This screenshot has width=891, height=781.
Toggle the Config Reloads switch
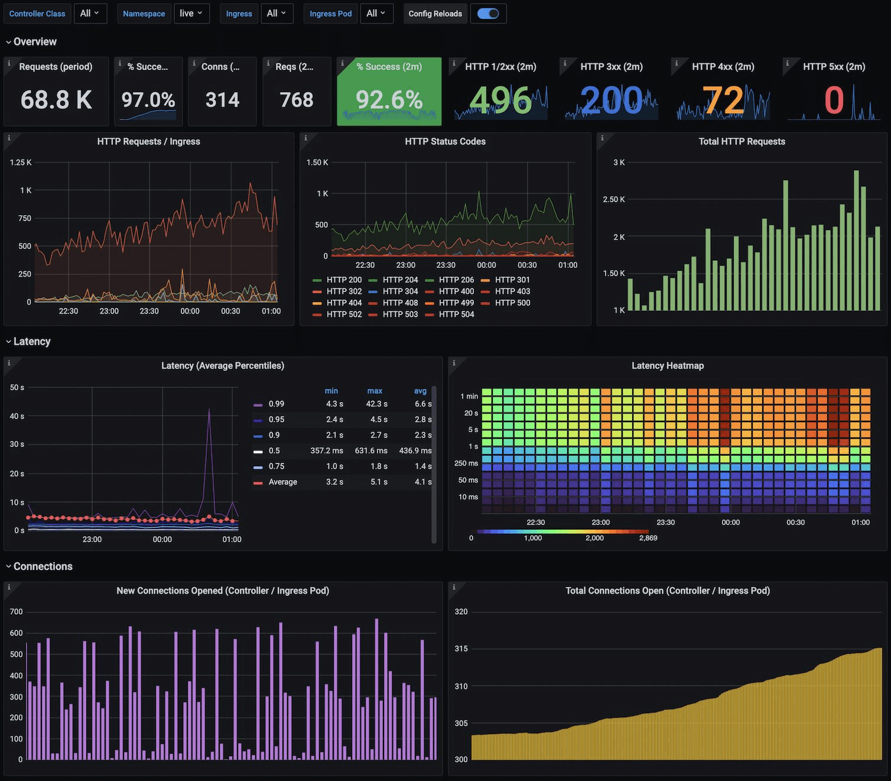[x=488, y=14]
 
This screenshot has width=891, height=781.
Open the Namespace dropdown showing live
[x=191, y=14]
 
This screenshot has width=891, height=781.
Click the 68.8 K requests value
[x=56, y=100]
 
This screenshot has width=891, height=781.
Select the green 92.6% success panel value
[x=389, y=100]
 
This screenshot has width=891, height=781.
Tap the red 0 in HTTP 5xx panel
[x=834, y=101]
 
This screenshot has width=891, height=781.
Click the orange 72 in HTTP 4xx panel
[x=723, y=101]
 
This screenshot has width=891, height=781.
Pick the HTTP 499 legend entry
[x=456, y=303]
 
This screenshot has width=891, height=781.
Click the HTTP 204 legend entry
[x=400, y=280]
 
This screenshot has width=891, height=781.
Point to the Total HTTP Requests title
[x=742, y=141]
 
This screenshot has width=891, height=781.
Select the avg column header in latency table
[x=420, y=391]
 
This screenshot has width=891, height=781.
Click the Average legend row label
[x=282, y=482]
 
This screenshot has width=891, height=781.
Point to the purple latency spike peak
[x=209, y=410]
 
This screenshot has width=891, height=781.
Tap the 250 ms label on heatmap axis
[x=466, y=463]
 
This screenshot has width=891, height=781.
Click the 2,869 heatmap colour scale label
[x=648, y=538]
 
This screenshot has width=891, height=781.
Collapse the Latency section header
[x=31, y=341]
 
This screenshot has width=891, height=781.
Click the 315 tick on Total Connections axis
[x=461, y=649]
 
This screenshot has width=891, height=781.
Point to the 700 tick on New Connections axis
[x=17, y=611]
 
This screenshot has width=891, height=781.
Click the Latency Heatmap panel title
[x=667, y=365]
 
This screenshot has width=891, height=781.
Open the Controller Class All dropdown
[x=90, y=14]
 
